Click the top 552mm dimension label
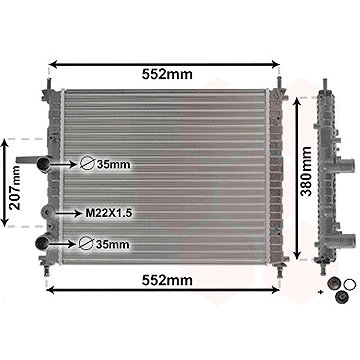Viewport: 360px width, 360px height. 167,75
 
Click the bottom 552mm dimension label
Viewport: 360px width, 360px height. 167,280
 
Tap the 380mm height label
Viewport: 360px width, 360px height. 305,171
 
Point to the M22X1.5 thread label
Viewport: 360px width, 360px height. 107,213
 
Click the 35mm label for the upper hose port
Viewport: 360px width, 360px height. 113,164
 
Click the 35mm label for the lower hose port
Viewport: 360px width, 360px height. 112,244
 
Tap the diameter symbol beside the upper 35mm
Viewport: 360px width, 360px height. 86,164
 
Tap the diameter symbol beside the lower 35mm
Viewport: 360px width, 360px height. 85,244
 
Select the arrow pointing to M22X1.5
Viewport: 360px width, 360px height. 69,213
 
